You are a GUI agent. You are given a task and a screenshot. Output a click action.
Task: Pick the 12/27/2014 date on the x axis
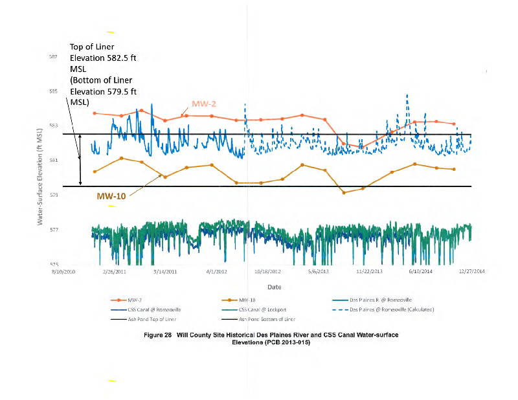click(x=473, y=272)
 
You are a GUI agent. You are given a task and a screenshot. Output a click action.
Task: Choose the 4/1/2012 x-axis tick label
click(x=216, y=272)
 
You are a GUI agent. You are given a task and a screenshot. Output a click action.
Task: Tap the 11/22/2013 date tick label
click(x=370, y=272)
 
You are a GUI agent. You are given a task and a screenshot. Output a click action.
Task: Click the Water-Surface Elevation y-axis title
click(x=40, y=177)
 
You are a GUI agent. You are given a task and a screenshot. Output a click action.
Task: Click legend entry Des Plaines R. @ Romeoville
click(x=376, y=300)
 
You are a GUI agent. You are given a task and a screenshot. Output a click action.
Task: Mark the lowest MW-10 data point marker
click(x=344, y=192)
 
